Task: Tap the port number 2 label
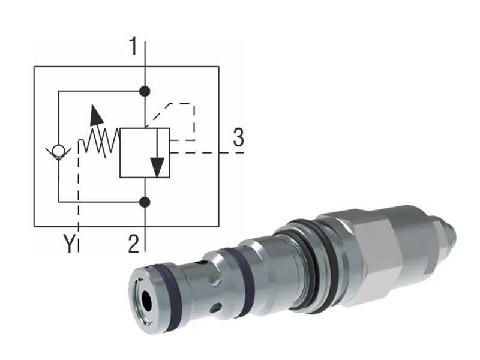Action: point(134,243)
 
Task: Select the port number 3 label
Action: point(238,139)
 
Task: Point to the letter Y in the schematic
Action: point(70,244)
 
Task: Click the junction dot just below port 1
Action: point(145,91)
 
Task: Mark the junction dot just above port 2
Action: point(145,202)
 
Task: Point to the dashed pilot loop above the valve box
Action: point(180,104)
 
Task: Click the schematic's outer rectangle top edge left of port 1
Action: point(90,67)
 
